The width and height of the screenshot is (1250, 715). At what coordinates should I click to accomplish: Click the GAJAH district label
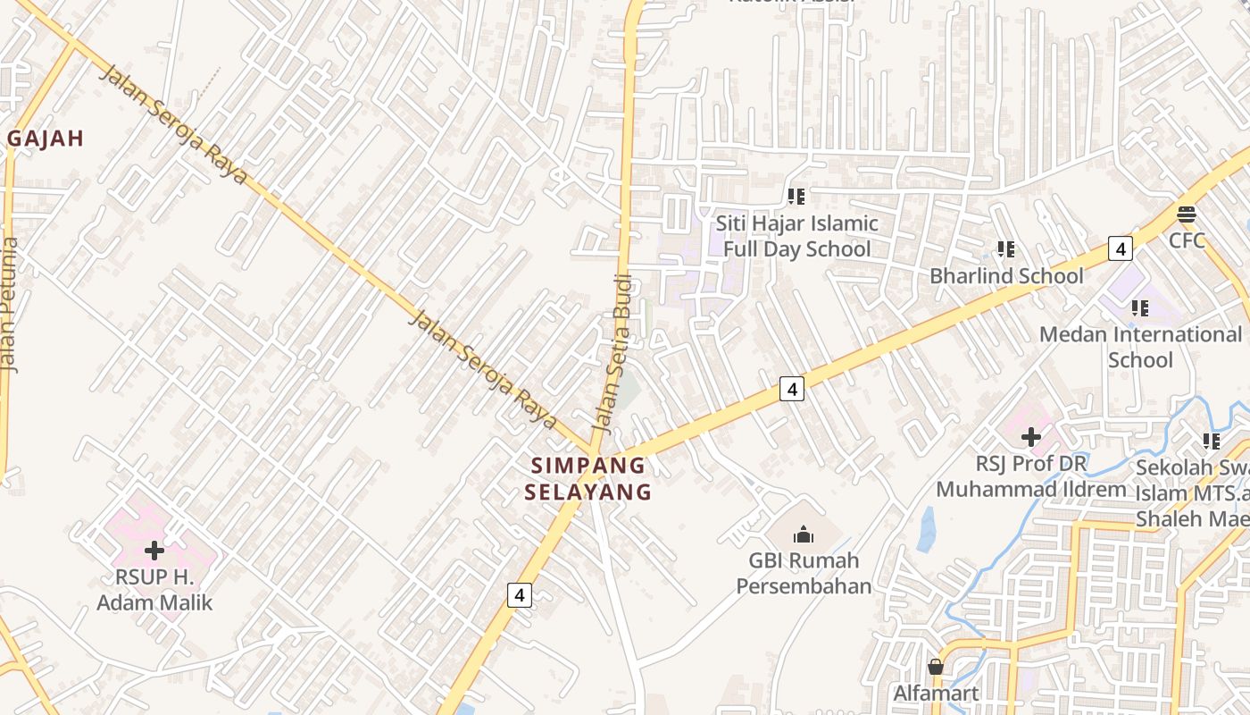click(x=46, y=139)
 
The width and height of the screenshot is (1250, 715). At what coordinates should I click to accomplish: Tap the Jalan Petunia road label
click(x=10, y=304)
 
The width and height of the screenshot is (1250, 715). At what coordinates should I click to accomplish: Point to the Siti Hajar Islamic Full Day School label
click(x=796, y=236)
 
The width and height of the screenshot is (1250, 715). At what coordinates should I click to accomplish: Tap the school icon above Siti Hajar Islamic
click(x=796, y=197)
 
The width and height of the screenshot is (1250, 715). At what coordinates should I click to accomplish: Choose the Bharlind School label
click(x=1006, y=275)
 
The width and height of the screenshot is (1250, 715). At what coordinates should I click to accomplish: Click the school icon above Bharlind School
click(x=1006, y=249)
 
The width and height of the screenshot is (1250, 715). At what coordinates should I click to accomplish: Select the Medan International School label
click(x=1140, y=347)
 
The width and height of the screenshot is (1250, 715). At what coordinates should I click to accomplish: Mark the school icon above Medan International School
click(x=1140, y=308)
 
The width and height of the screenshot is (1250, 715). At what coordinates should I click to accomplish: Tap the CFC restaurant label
click(x=1187, y=240)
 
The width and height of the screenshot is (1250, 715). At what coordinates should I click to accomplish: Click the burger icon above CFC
click(x=1186, y=214)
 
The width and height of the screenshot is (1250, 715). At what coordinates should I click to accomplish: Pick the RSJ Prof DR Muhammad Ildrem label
click(x=1031, y=476)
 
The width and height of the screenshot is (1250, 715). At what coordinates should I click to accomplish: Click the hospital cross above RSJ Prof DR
click(x=1031, y=437)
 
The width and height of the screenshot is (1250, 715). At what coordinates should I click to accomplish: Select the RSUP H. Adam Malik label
click(x=154, y=590)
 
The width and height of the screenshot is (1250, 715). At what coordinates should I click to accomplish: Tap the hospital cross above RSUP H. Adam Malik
click(x=154, y=551)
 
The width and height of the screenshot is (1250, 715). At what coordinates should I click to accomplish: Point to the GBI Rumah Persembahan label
click(x=803, y=573)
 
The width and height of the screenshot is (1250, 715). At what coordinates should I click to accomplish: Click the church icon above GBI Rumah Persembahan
click(x=804, y=534)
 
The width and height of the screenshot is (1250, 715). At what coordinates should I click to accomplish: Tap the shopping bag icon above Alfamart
click(x=935, y=667)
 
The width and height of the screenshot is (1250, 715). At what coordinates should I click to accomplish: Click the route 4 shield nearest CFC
click(x=1120, y=248)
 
